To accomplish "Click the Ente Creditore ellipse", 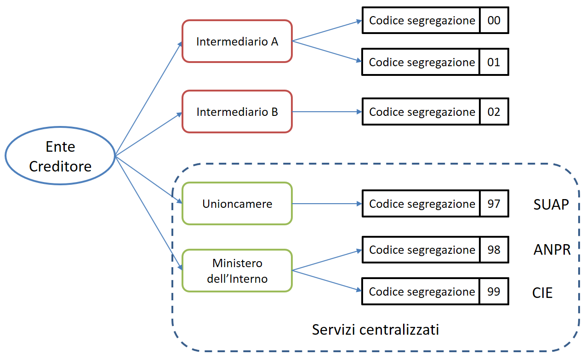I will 60,156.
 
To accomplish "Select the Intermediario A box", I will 237,41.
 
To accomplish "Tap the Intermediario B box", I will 237,112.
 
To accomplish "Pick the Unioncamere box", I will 237,204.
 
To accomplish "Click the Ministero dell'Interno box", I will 237,270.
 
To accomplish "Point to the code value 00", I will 494,20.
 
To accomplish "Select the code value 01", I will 494,62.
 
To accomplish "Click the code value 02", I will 494,112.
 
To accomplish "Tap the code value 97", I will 494,203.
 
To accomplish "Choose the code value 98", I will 494,250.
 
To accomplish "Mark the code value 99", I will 494,291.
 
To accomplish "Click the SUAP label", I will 552,204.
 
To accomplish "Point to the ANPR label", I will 552,250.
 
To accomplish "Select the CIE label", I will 542,293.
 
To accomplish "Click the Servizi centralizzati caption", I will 375,329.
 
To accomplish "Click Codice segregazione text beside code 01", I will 421,62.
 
